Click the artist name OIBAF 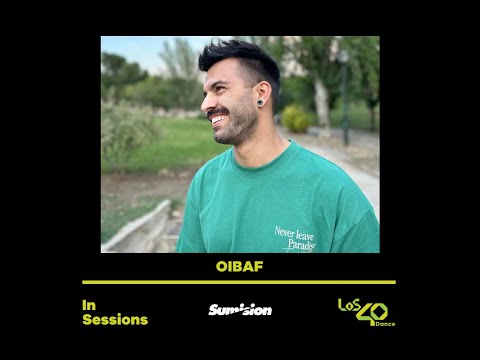coord(239,267)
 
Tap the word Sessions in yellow coord(115,320)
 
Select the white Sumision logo coord(240,310)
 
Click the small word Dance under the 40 coord(384,324)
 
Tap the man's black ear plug coord(260,102)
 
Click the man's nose coord(206,101)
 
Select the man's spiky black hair coord(240,58)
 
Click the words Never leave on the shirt coord(294,233)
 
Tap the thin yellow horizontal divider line coord(239,282)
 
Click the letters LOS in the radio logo coord(350,304)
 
